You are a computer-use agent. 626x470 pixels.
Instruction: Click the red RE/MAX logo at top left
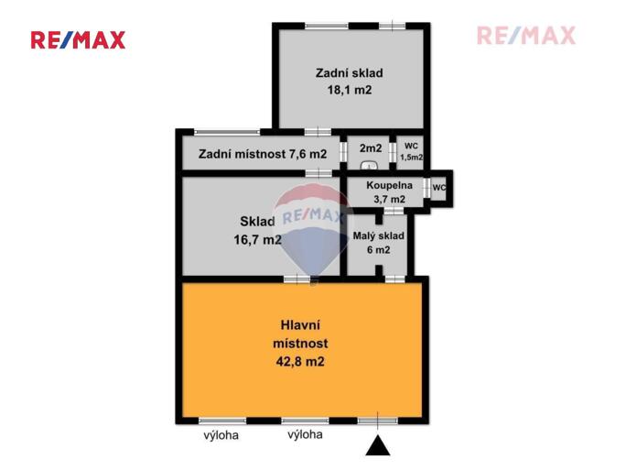click(79, 40)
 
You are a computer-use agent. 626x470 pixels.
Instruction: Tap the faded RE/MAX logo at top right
click(526, 36)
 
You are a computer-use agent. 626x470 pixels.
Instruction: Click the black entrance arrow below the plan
click(378, 445)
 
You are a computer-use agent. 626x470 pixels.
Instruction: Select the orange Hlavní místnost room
click(302, 350)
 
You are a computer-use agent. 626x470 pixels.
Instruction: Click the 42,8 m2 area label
click(300, 362)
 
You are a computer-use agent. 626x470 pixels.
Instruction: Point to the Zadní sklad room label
click(350, 73)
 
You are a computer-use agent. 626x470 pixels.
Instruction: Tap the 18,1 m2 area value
click(350, 90)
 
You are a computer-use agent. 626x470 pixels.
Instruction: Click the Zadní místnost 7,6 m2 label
click(263, 154)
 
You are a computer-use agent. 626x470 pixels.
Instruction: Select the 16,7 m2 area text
click(257, 240)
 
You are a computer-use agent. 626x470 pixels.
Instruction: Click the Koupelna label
click(389, 185)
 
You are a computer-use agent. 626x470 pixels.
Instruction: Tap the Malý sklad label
click(379, 236)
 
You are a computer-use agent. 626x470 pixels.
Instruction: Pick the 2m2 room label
click(371, 148)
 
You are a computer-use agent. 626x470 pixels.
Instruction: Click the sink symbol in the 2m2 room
click(369, 166)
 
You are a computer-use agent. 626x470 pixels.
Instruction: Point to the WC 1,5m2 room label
click(411, 151)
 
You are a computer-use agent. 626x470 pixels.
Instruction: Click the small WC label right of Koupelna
click(438, 188)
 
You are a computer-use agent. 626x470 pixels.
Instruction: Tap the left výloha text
click(221, 435)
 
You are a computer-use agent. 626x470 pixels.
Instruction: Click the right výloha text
click(305, 434)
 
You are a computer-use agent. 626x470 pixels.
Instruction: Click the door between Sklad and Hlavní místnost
click(297, 279)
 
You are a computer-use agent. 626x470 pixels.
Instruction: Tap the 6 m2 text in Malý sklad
click(379, 250)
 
